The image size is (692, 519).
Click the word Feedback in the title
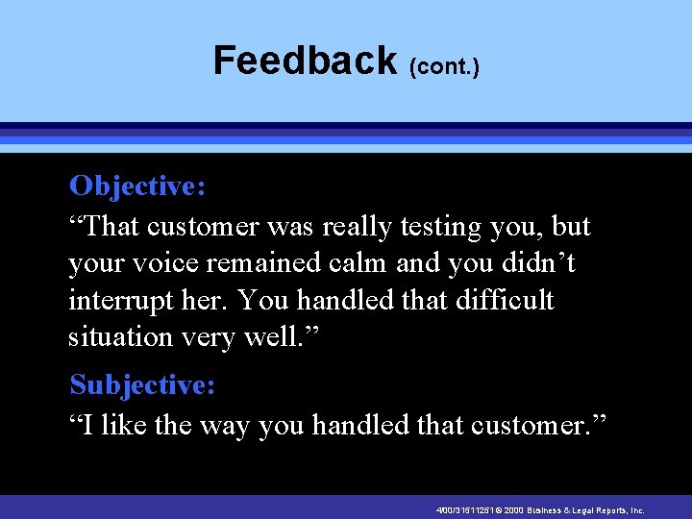tap(305, 61)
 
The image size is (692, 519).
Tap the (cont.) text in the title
tap(444, 67)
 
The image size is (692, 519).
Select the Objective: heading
tap(137, 185)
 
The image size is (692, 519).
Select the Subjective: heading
tap(142, 385)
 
